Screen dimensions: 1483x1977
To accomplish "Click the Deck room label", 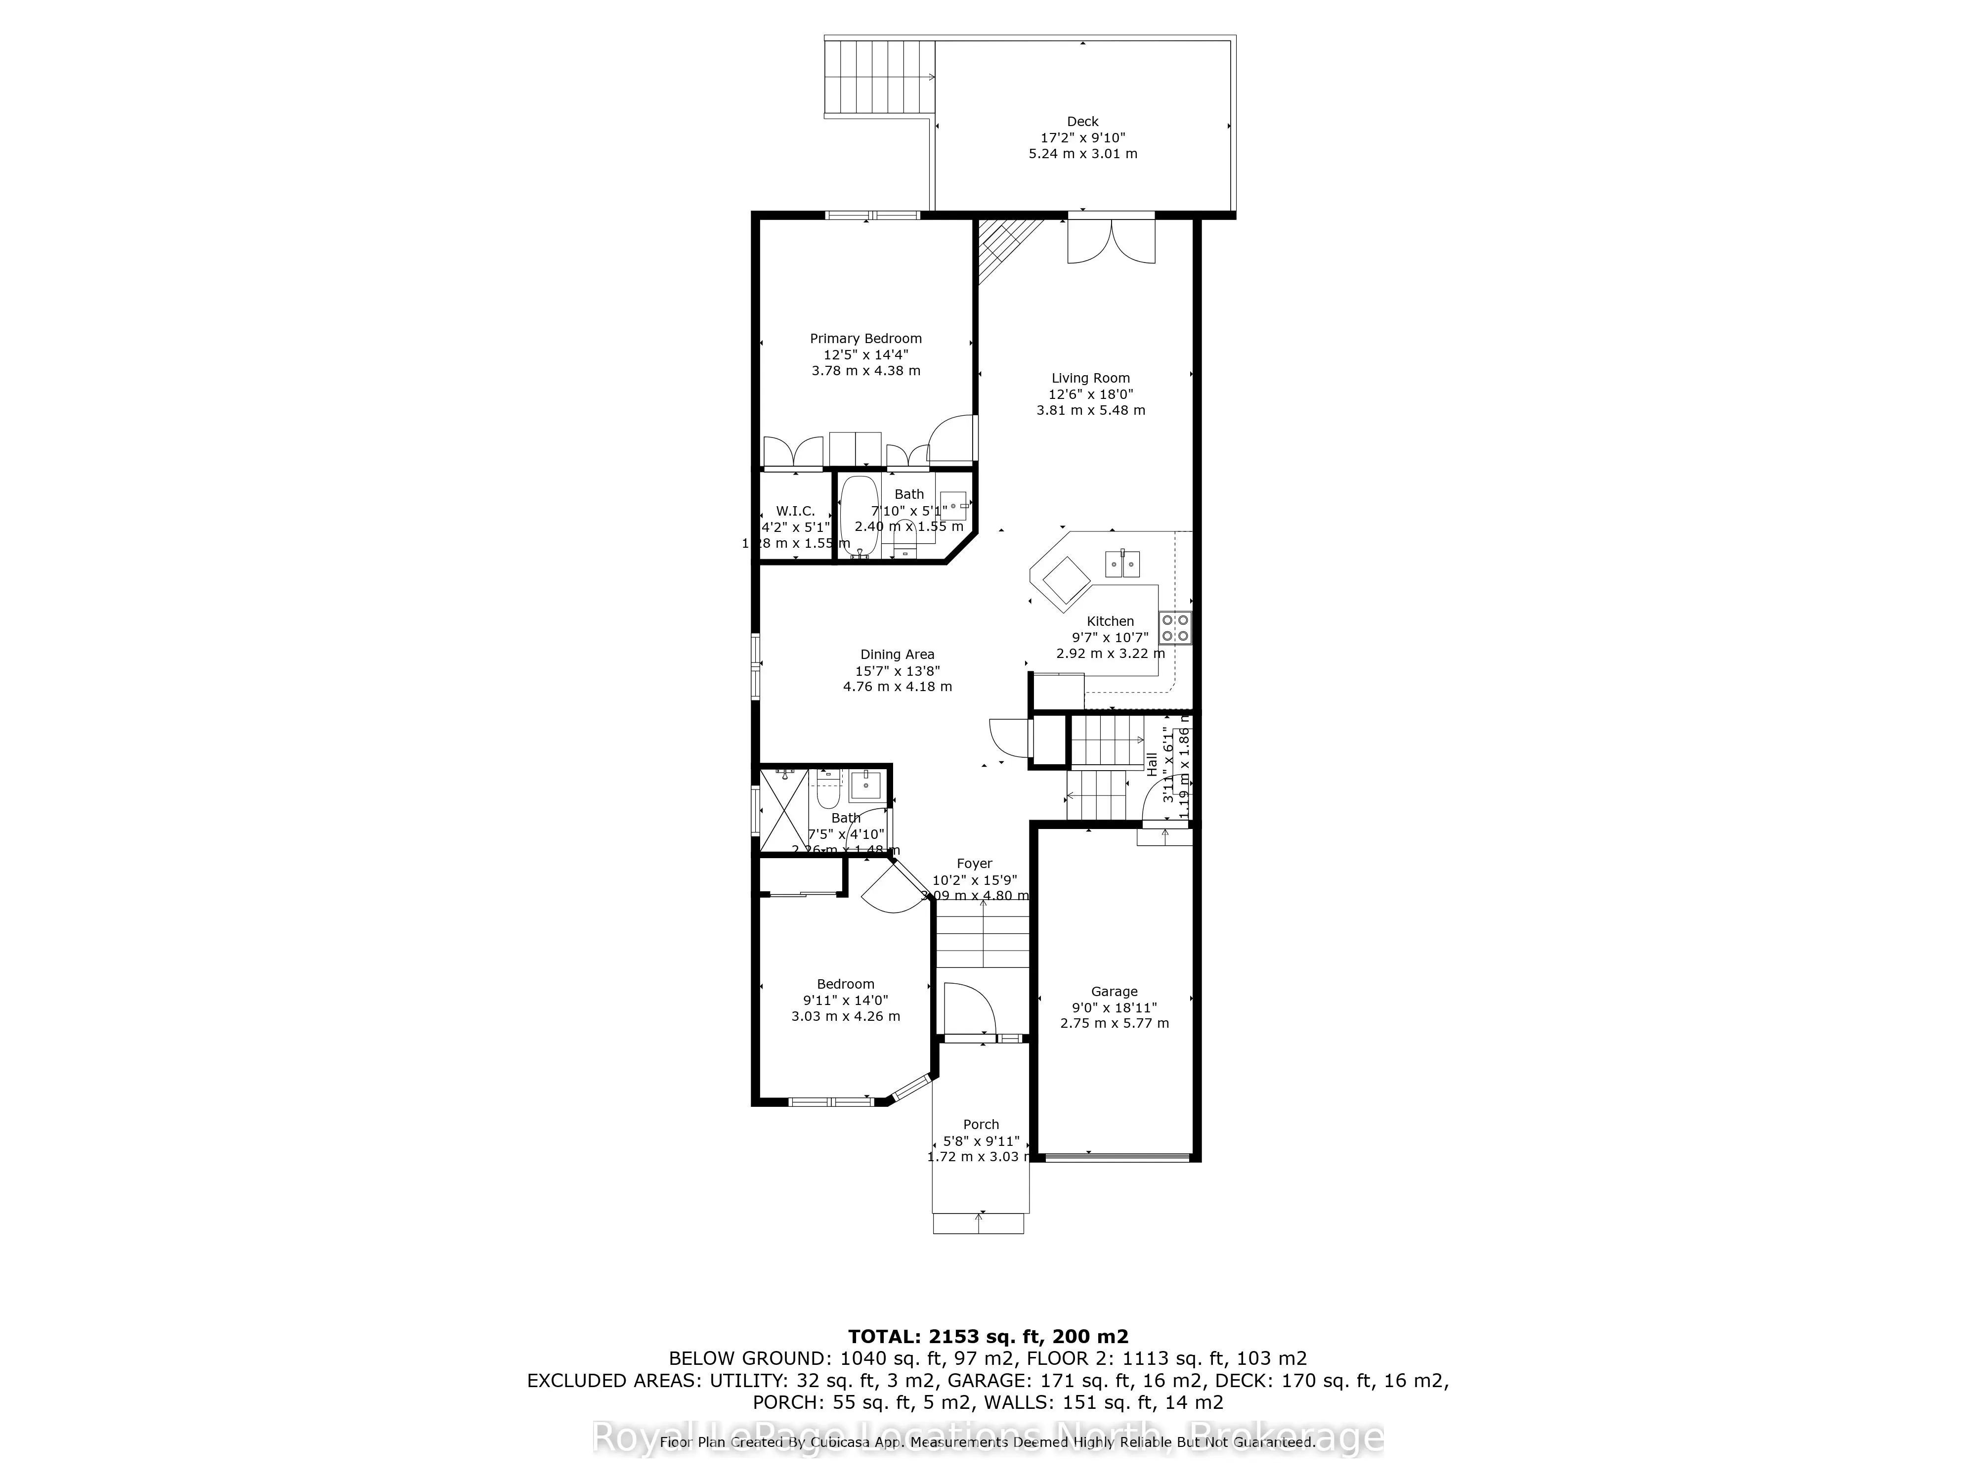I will (x=1082, y=122).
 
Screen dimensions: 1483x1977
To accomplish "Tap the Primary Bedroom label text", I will (x=865, y=339).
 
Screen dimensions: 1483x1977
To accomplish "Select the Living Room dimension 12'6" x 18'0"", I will (x=1090, y=394).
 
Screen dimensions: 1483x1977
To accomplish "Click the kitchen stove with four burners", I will (x=1174, y=627).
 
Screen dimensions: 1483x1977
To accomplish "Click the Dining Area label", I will (x=898, y=654).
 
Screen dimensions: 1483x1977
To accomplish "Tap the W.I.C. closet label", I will (x=795, y=511).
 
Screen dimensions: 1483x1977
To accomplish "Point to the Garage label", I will (x=1114, y=991).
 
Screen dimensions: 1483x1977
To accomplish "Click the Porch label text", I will (x=981, y=1125).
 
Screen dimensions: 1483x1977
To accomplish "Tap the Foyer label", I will (x=974, y=864).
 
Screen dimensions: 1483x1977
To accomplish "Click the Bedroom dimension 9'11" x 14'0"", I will (x=846, y=1001).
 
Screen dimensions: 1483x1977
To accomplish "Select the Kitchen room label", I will (x=1110, y=621).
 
